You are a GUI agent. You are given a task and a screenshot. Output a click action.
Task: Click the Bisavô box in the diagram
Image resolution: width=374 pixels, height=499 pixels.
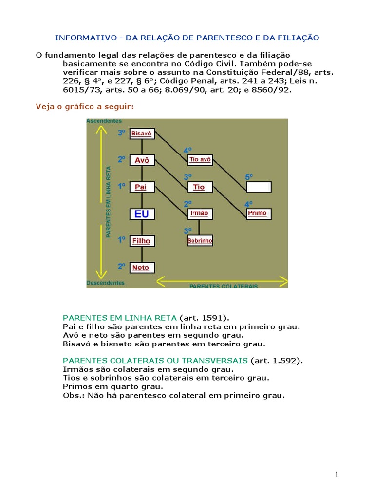(142, 133)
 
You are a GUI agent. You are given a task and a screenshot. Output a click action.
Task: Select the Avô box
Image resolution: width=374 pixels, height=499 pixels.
(142, 160)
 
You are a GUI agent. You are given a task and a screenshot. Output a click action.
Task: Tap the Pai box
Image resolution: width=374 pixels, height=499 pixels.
(142, 187)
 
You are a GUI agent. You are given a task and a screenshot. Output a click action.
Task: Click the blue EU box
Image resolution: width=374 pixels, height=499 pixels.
(142, 214)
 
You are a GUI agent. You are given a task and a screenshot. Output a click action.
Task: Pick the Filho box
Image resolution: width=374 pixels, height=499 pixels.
(142, 241)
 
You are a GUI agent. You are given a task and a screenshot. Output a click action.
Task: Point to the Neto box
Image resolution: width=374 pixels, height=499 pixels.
(142, 268)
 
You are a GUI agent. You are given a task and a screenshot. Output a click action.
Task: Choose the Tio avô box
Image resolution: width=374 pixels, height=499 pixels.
(200, 159)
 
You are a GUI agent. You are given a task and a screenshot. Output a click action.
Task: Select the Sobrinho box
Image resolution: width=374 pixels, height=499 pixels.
(200, 241)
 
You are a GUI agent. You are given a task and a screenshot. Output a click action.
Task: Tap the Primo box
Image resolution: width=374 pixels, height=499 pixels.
(258, 213)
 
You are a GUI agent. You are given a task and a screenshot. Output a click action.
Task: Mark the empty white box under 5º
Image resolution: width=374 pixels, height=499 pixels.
(258, 187)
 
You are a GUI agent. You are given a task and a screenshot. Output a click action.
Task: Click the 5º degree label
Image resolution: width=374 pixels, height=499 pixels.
(249, 177)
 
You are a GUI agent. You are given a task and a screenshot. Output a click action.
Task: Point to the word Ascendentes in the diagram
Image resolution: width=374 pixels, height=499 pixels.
(104, 121)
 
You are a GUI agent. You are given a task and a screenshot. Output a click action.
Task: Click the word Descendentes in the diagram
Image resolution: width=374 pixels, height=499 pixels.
(105, 283)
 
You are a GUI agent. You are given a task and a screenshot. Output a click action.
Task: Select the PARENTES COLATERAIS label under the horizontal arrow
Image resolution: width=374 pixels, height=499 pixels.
(224, 286)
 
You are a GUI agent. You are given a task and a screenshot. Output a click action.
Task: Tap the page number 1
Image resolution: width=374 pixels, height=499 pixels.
(336, 474)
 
